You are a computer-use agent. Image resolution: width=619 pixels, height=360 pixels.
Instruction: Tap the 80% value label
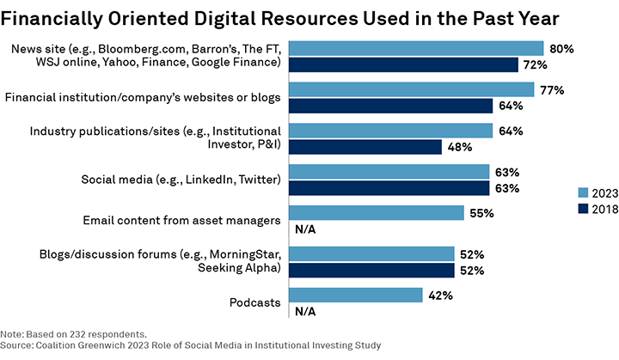tap(562, 48)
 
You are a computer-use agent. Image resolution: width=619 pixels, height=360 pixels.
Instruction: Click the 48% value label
tap(460, 147)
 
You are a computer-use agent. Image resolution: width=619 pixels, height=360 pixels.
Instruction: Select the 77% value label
tap(553, 89)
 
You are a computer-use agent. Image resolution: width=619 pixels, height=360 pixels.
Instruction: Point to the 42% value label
tap(441, 295)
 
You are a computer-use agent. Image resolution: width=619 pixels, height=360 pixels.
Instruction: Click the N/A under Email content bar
tap(305, 229)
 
